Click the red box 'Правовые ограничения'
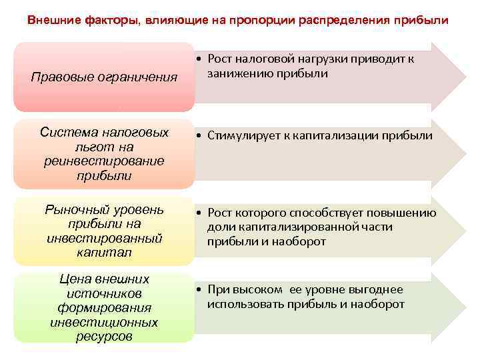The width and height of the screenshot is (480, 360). click(104, 77)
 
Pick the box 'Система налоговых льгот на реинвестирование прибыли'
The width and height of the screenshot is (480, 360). click(104, 154)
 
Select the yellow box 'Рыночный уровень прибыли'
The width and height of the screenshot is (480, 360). click(104, 231)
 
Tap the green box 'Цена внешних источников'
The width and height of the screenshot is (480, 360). click(104, 307)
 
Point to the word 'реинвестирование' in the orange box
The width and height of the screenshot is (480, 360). click(104, 161)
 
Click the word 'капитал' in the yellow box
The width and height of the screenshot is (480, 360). click(104, 253)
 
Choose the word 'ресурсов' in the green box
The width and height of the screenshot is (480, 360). click(104, 337)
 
